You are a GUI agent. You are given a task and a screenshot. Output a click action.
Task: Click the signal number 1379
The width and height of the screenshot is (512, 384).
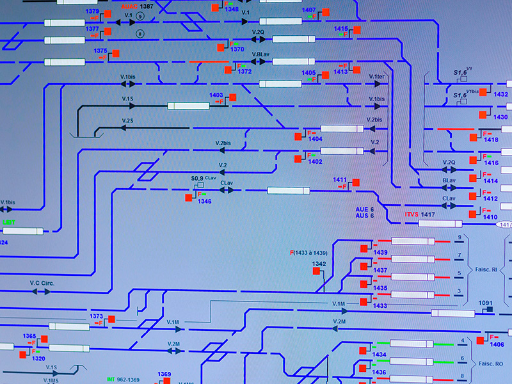(x=92, y=12)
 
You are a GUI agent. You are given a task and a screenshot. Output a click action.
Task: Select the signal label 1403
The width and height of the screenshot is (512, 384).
(x=216, y=95)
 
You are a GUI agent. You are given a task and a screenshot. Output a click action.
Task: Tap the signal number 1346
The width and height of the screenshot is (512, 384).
(x=204, y=201)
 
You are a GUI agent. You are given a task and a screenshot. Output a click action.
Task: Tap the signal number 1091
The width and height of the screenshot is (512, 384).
(x=486, y=303)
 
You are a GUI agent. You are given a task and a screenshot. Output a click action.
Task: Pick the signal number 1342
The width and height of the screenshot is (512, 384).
(x=319, y=264)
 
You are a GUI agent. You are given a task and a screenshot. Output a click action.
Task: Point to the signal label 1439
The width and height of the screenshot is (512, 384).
(x=381, y=252)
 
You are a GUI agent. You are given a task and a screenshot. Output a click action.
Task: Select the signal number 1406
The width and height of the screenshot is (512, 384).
(x=497, y=344)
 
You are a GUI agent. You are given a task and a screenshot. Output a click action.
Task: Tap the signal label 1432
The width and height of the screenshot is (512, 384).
(x=500, y=95)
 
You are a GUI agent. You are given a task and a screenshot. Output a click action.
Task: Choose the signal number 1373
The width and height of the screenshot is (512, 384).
(x=96, y=316)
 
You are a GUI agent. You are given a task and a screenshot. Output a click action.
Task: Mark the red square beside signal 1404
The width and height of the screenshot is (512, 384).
(x=298, y=136)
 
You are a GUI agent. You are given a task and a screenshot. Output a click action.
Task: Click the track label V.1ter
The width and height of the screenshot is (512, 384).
(x=377, y=77)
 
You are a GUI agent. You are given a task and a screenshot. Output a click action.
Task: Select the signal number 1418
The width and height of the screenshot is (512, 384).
(x=491, y=140)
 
